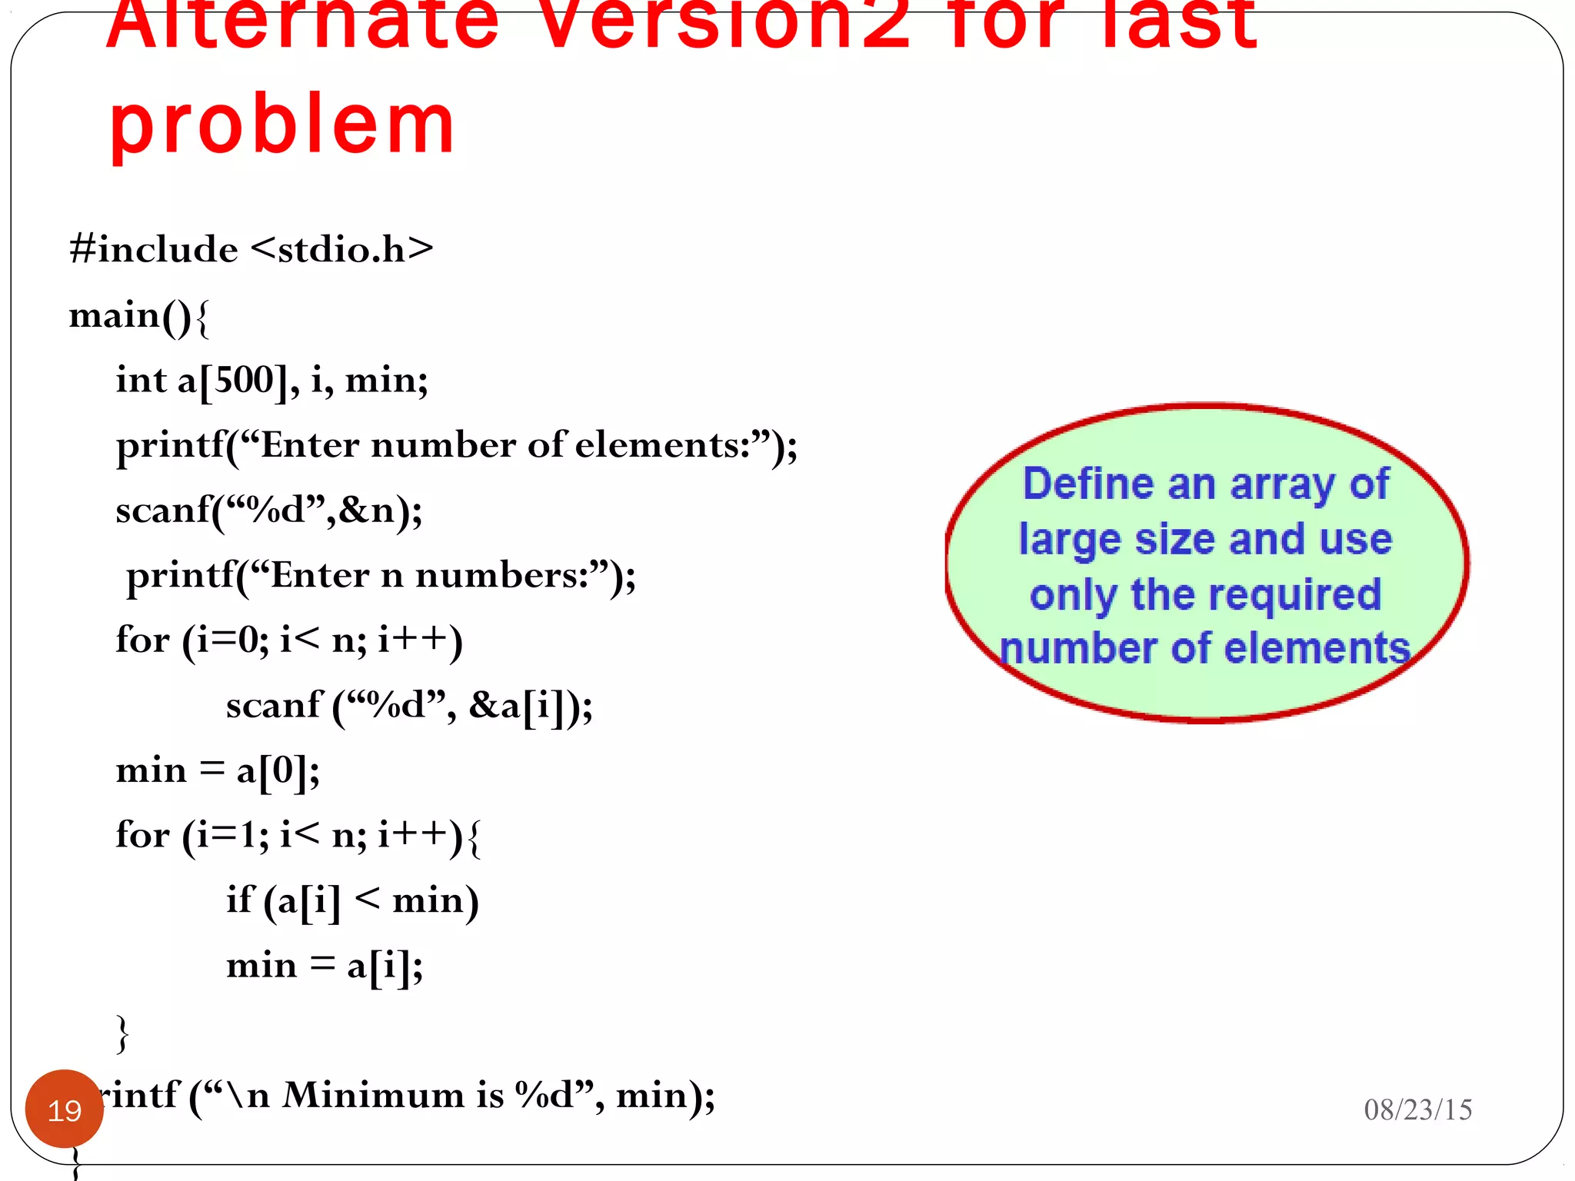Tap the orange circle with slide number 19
tap(65, 1109)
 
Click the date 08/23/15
tap(1417, 1109)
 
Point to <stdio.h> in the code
tap(342, 249)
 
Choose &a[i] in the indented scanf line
tap(521, 705)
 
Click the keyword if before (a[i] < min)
tap(239, 900)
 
